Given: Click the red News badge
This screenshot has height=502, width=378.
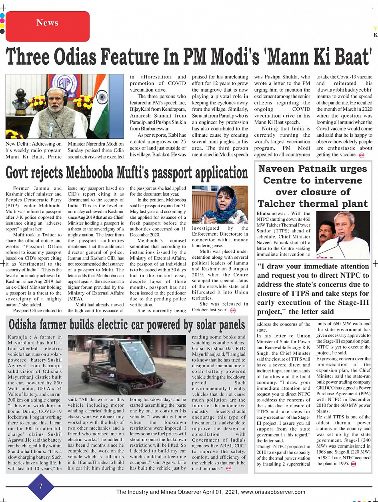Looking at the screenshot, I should (47, 23).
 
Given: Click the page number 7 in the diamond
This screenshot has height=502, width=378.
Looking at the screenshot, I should (40, 486).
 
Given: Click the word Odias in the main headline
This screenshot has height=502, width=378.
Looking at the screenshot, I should (84, 57).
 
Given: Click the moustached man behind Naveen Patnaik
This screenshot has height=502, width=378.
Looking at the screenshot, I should (325, 236).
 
